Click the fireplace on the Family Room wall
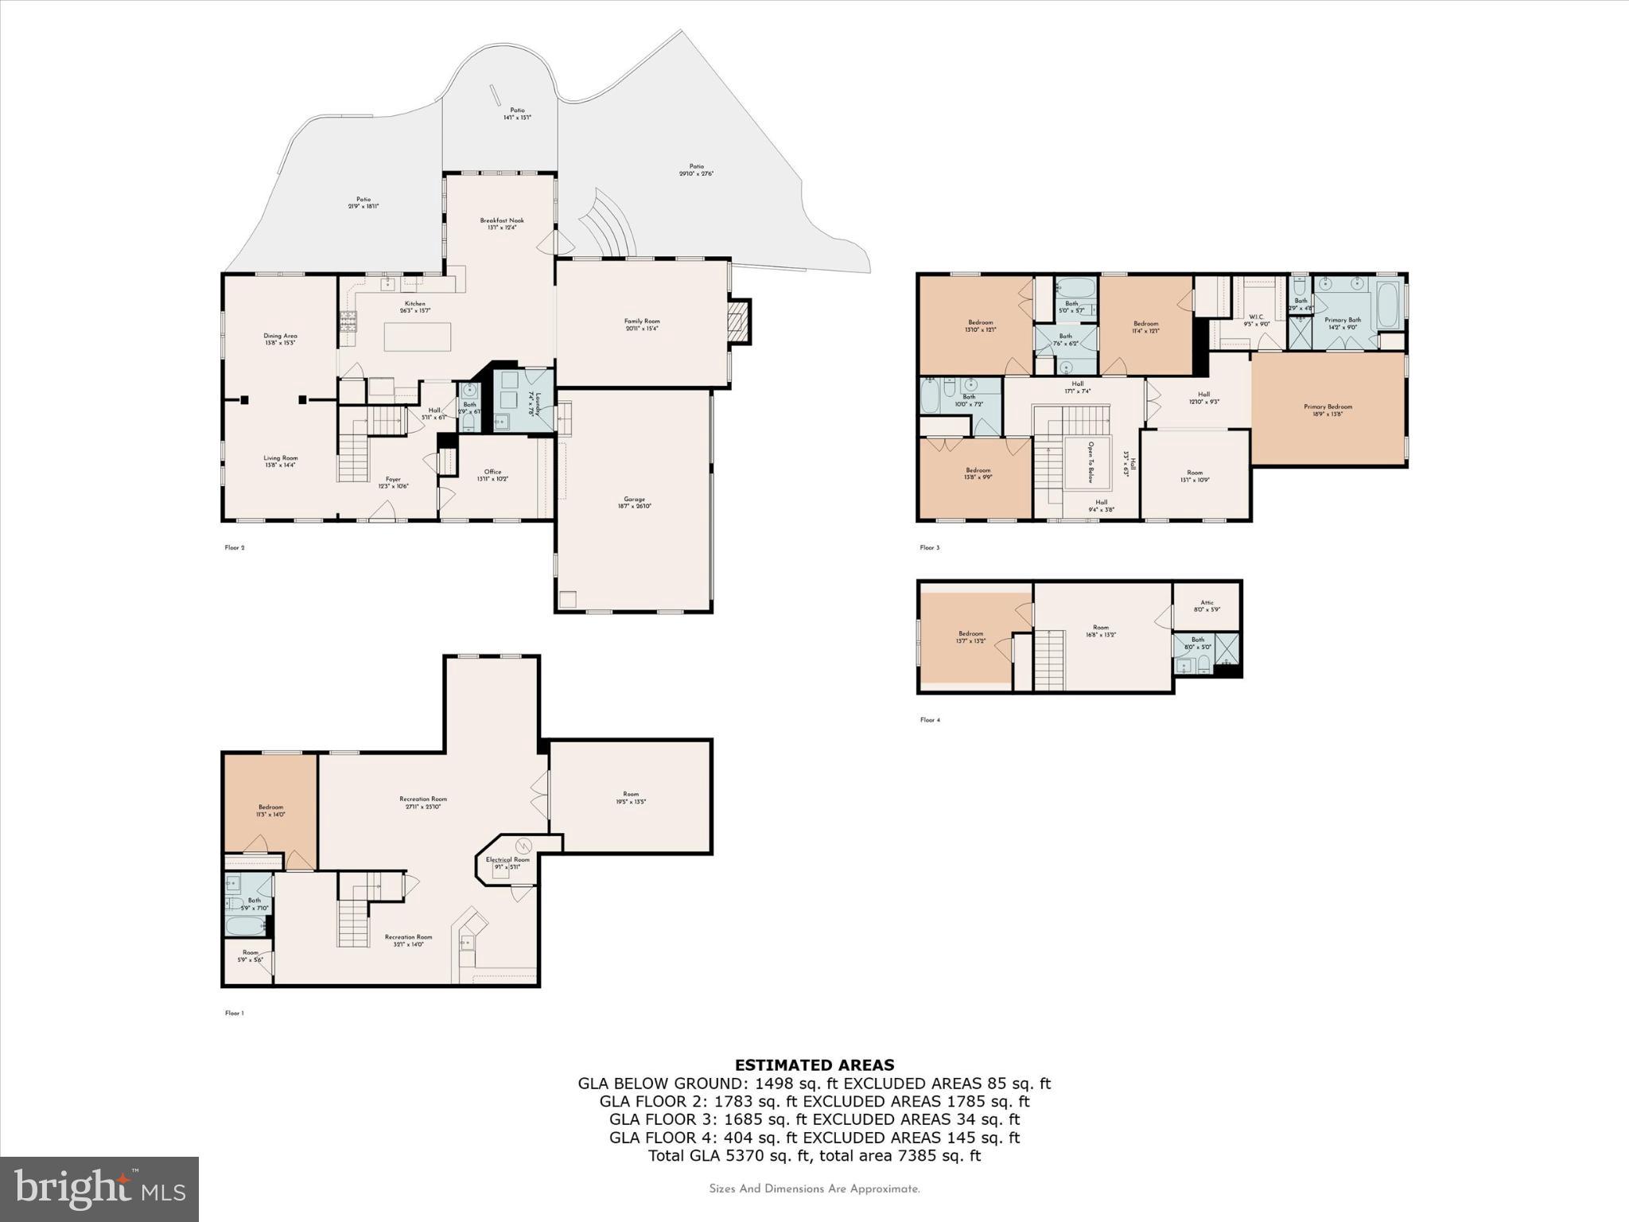coord(740,321)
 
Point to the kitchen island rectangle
coord(418,336)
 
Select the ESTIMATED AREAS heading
coord(814,1064)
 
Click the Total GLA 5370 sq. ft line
coord(814,1156)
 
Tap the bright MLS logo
coord(99,1189)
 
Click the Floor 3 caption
coord(929,547)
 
